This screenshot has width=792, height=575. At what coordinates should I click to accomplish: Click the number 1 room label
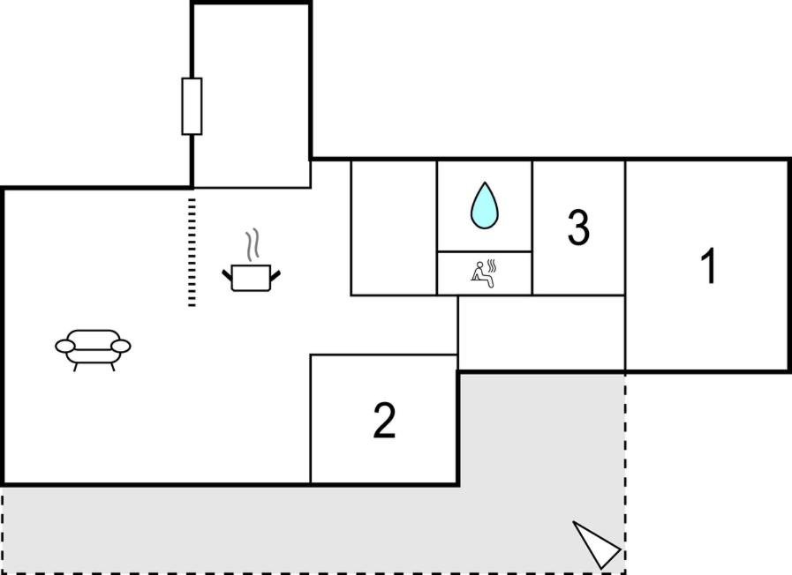click(x=709, y=265)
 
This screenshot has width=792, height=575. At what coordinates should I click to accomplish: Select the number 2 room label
click(x=384, y=420)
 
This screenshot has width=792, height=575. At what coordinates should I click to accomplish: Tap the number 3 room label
click(x=578, y=228)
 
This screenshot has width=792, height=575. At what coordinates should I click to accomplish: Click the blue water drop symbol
click(x=485, y=205)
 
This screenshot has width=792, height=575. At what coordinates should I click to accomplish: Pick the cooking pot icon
click(x=251, y=277)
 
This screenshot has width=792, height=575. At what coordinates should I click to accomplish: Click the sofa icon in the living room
click(x=93, y=349)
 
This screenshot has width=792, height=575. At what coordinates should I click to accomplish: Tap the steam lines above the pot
click(x=252, y=244)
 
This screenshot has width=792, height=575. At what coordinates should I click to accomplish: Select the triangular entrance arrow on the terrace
click(x=596, y=545)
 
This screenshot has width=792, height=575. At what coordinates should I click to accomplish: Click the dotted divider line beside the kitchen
click(x=192, y=252)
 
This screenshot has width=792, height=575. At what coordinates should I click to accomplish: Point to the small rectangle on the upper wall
click(x=192, y=107)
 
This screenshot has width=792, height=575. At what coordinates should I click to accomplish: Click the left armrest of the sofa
click(x=65, y=346)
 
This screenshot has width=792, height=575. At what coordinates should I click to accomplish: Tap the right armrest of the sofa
click(x=121, y=346)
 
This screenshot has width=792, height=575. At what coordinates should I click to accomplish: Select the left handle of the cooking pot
click(x=227, y=275)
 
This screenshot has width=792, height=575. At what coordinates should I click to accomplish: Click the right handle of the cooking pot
click(x=275, y=275)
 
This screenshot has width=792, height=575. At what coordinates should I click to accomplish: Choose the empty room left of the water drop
click(x=394, y=228)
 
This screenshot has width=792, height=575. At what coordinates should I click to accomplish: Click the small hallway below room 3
click(x=541, y=332)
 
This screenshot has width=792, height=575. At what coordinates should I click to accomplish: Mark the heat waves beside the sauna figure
click(x=492, y=265)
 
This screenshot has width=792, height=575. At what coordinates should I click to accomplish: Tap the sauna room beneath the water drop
click(x=484, y=273)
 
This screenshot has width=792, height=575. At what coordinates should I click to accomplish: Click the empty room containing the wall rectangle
click(x=251, y=96)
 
